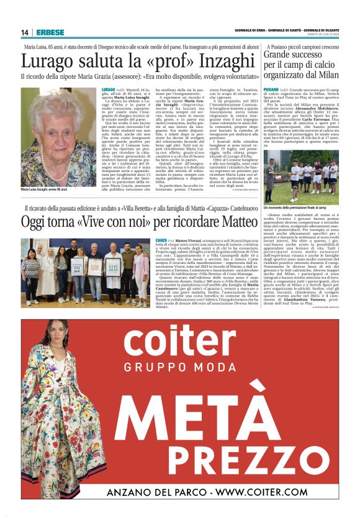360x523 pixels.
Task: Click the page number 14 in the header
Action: pyautogui.click(x=25, y=32)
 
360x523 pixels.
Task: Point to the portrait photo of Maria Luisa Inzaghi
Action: pyautogui.click(x=59, y=136)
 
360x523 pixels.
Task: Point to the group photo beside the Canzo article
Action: pyautogui.click(x=85, y=272)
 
